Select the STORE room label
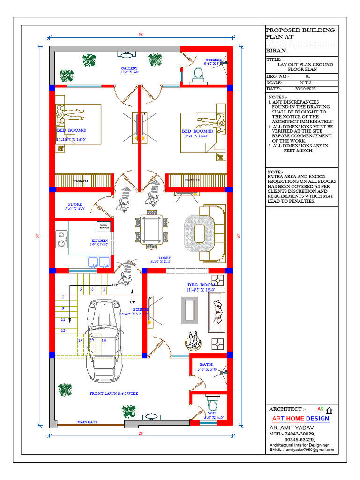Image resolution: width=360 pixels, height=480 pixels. point(75,204)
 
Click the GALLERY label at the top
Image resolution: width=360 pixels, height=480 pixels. point(129,68)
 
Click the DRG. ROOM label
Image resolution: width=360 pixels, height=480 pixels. point(201,285)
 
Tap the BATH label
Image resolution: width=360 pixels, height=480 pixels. point(206,364)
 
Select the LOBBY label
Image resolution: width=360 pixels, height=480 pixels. point(165,258)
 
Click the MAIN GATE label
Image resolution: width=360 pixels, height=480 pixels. point(87,422)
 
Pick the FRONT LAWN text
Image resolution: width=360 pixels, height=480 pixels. point(113,394)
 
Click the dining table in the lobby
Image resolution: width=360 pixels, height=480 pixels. point(151,229)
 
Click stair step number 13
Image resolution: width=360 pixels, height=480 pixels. point(63,330)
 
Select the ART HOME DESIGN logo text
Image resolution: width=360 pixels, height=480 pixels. point(300,419)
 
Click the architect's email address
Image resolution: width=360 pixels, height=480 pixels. point(302,450)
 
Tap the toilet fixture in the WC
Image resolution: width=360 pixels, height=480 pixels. point(212,404)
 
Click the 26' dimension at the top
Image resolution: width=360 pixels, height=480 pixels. point(141,35)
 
